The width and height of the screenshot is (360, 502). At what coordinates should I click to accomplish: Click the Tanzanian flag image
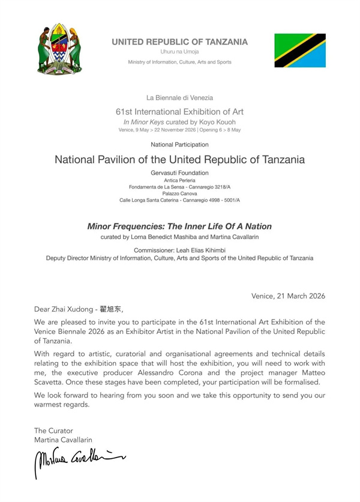[300, 50]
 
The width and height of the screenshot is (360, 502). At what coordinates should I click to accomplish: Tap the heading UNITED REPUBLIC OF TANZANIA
[179, 41]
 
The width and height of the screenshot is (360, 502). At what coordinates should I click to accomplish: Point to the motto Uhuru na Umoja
[179, 52]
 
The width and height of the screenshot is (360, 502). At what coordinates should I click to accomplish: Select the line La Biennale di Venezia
[179, 97]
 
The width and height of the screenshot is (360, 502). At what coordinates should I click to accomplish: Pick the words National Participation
[179, 145]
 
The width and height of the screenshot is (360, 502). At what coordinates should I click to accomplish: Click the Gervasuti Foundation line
[179, 173]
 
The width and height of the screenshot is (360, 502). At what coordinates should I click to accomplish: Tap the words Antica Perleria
[179, 180]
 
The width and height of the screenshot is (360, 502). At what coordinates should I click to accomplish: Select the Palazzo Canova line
[179, 193]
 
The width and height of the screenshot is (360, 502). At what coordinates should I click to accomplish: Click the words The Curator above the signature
[53, 431]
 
